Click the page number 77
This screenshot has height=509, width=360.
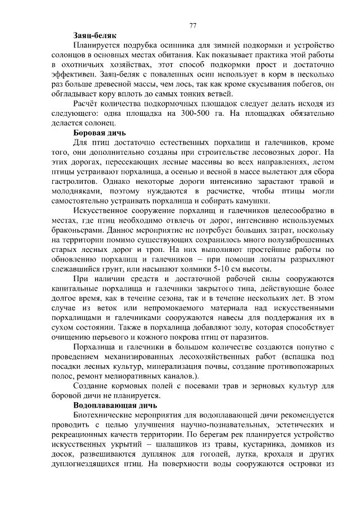192,25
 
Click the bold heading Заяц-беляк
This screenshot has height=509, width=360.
94,35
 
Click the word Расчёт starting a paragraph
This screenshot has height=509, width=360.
87,103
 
